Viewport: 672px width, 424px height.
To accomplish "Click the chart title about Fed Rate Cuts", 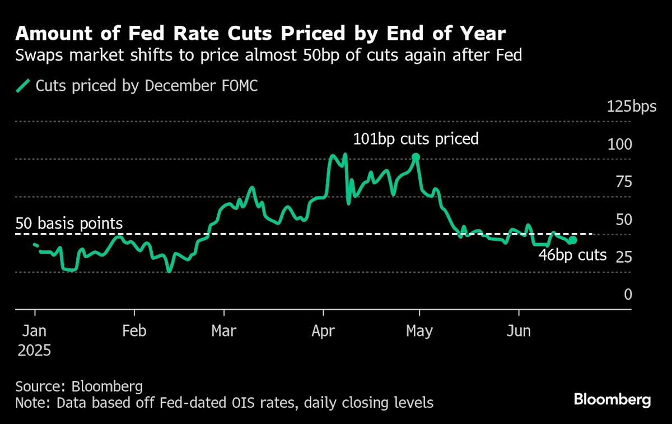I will [260, 34].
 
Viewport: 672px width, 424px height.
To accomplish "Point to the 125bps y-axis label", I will [632, 106].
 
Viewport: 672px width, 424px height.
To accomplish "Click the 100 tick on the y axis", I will [620, 144].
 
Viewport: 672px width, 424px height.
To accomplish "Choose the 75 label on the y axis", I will [624, 181].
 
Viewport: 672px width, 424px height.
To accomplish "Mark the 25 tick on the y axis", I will [624, 257].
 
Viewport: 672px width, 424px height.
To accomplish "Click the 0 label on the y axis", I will [628, 295].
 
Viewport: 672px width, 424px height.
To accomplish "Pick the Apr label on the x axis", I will [323, 331].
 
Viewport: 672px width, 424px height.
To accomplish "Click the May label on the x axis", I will [419, 331].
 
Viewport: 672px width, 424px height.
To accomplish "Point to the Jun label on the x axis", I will [519, 331].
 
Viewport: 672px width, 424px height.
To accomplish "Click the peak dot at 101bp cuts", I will [416, 157].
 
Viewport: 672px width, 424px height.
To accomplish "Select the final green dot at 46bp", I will [572, 240].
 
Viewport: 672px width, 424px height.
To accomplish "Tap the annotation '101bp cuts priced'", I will [416, 138].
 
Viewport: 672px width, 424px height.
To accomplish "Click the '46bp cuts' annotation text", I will [572, 255].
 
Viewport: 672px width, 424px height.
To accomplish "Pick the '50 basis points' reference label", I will [69, 224].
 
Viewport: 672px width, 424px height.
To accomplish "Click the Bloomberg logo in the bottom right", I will [612, 400].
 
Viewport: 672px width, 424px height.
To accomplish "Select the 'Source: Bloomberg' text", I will [79, 386].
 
